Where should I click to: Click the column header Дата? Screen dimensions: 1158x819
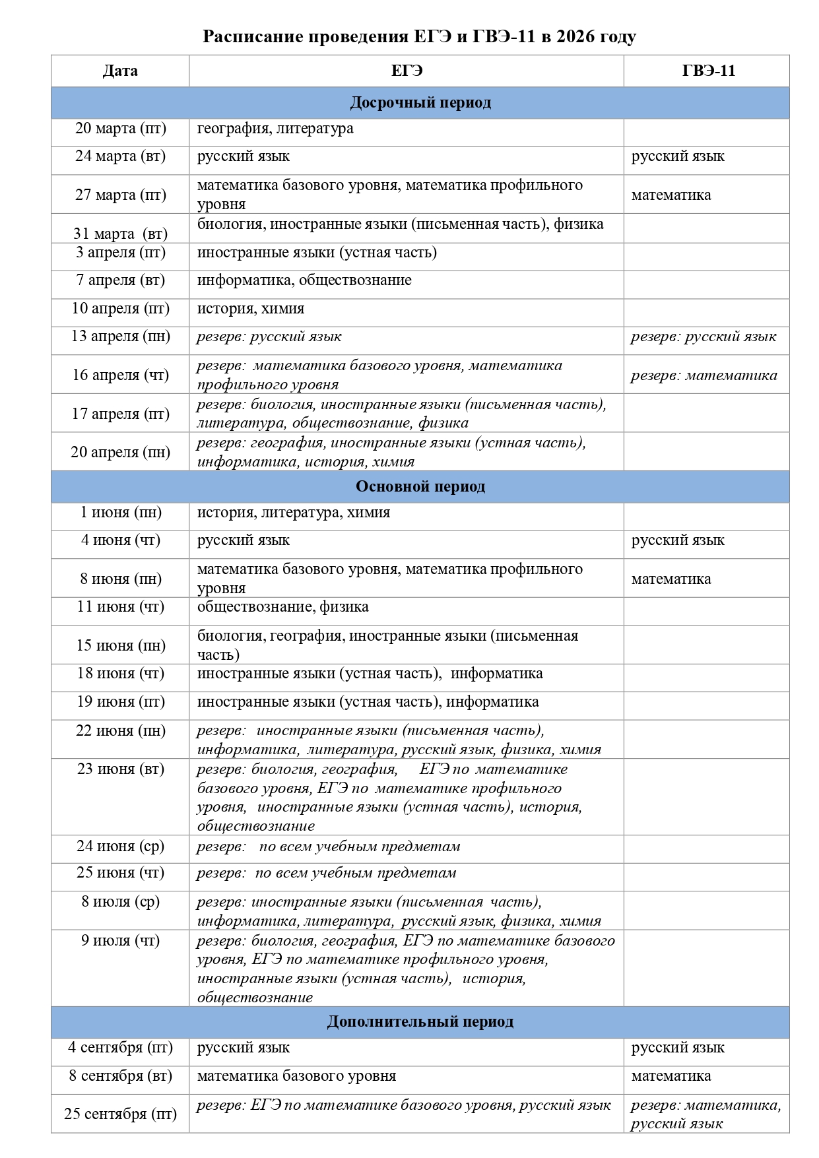coord(120,71)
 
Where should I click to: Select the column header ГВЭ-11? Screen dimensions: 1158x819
coord(708,71)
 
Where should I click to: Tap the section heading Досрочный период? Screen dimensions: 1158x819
coord(420,103)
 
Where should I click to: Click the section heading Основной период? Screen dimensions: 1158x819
coord(420,487)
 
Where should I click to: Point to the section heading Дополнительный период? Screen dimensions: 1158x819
coord(420,1022)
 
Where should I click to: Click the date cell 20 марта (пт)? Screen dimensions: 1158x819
coord(121,129)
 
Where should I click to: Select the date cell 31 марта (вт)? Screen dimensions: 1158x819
coord(121,234)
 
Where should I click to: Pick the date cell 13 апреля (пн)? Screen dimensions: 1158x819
coord(121,337)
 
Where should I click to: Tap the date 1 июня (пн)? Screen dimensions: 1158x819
coord(121,513)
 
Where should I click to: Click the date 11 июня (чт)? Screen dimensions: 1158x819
coord(121,607)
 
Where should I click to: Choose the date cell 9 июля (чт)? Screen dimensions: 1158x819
coord(121,941)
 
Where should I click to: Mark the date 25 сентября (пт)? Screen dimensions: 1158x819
coord(121,1114)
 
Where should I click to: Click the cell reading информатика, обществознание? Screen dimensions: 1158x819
coord(304,280)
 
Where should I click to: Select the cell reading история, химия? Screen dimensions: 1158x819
coord(251,309)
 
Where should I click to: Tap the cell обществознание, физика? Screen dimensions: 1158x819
coord(282,607)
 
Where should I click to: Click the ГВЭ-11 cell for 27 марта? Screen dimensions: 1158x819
coord(671,195)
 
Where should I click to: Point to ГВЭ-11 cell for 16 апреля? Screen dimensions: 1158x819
coord(704,375)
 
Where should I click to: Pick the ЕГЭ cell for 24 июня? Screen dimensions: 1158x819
coord(329,847)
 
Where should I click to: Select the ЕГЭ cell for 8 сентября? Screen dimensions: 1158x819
coord(296,1076)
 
